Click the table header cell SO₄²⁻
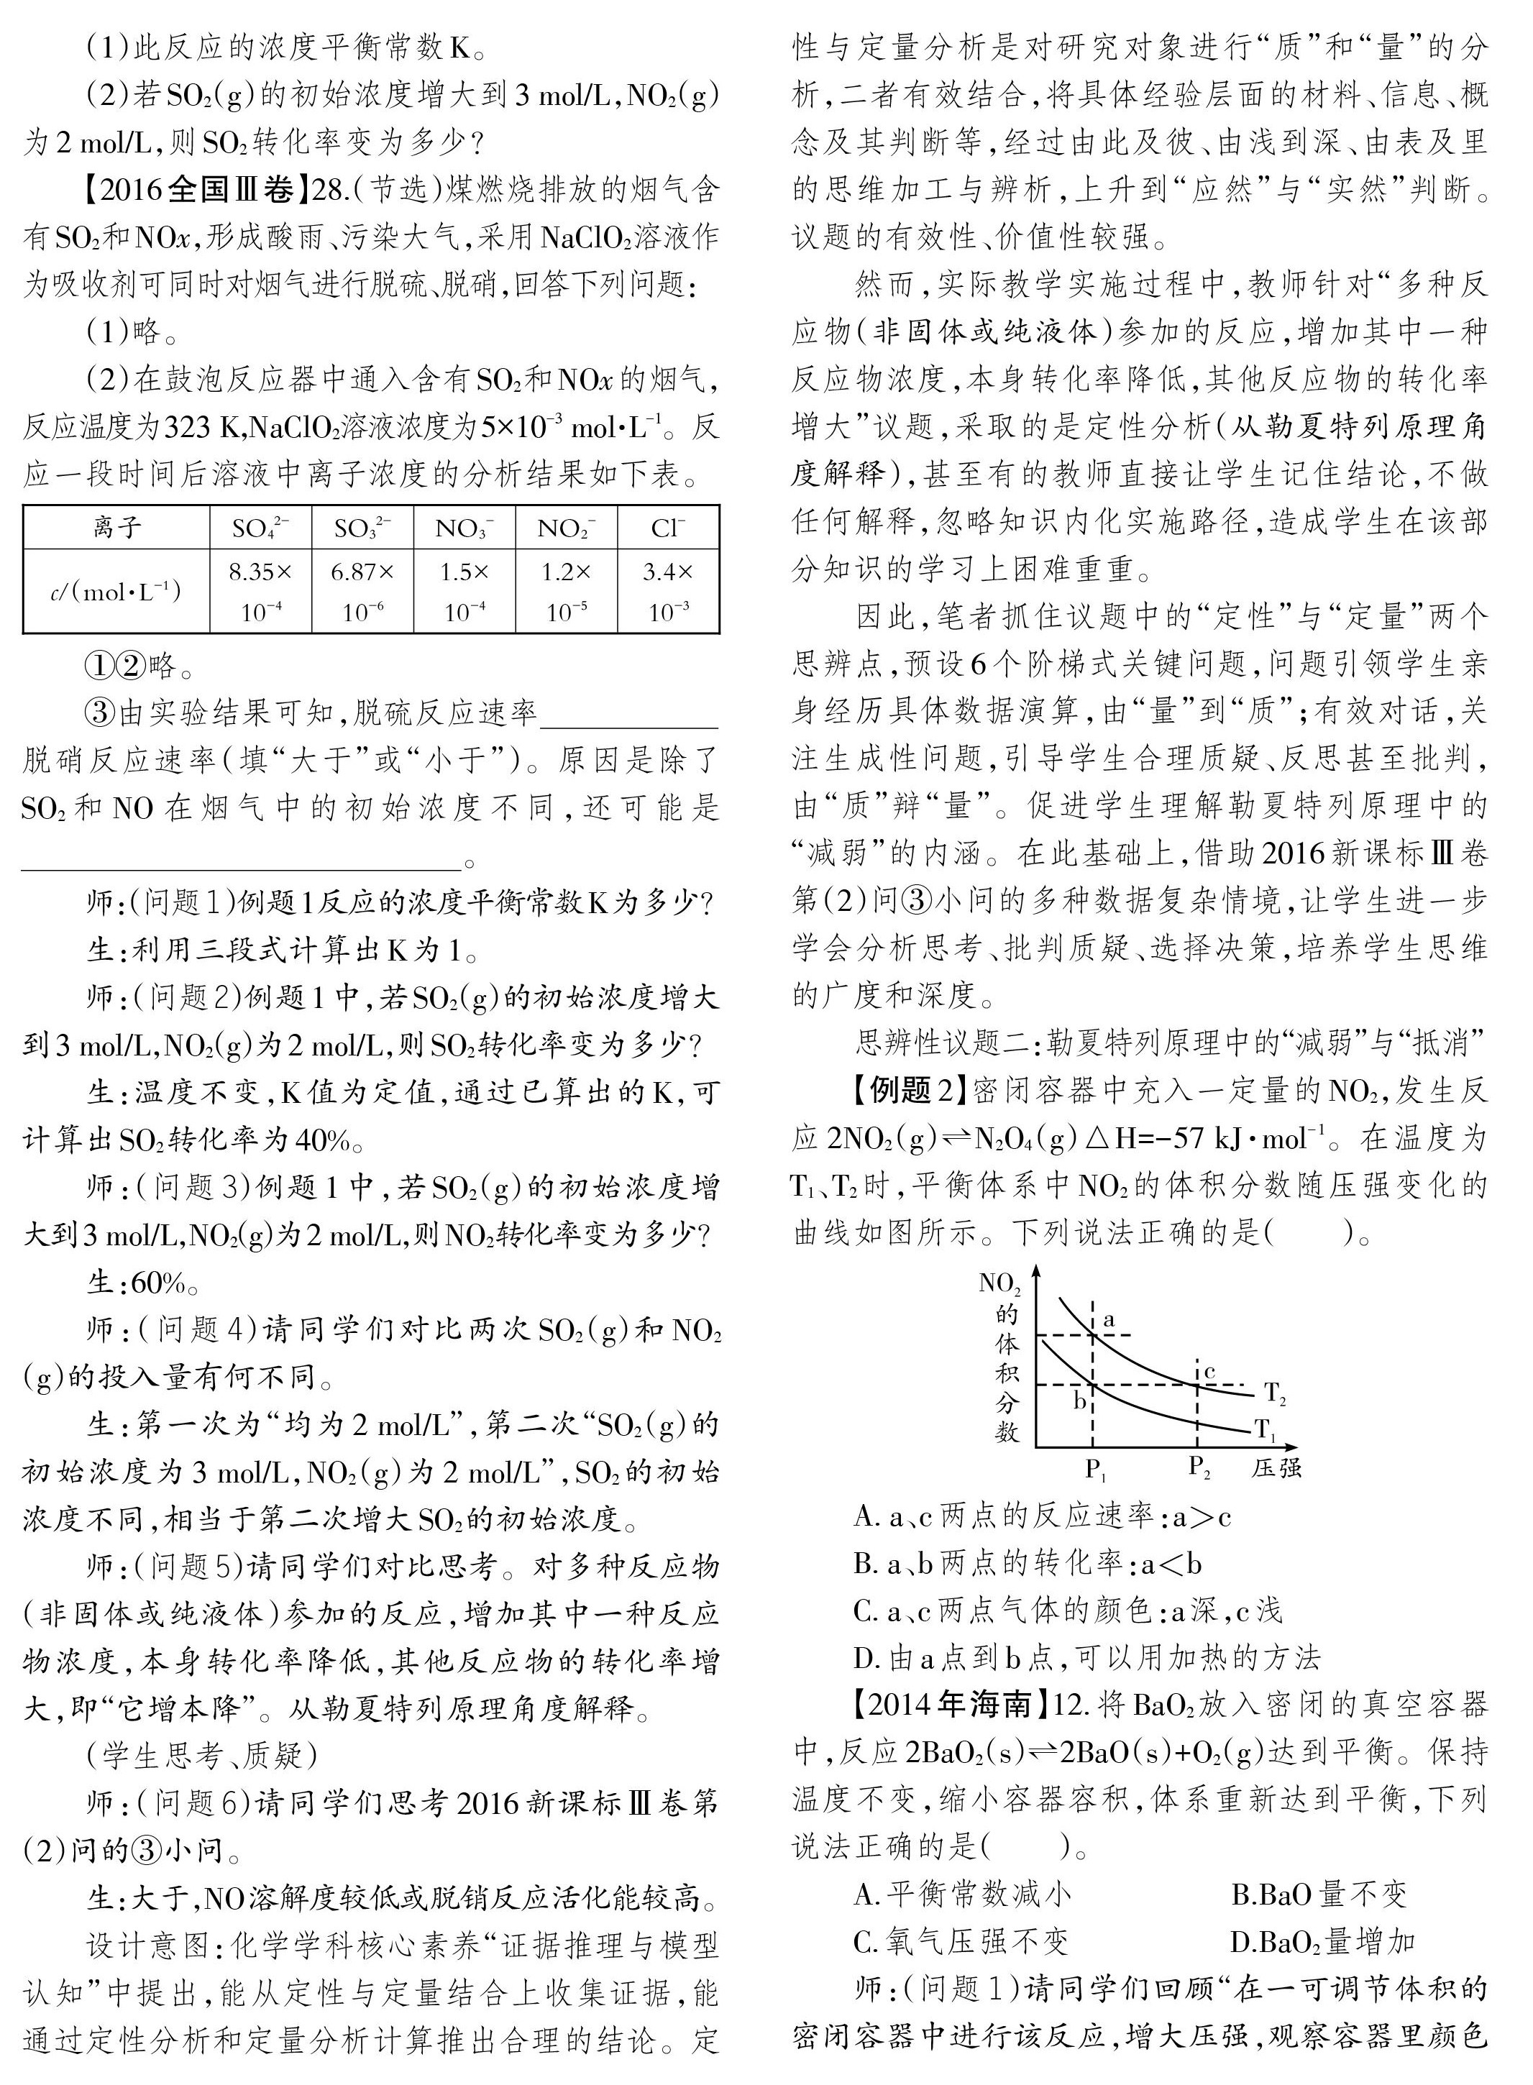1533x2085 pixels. pos(261,528)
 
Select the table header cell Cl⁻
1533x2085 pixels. pos(668,528)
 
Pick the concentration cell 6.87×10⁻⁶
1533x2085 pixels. pos(363,591)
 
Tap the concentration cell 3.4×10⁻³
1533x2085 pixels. pos(668,591)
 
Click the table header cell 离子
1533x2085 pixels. pos(117,528)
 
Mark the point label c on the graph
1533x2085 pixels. pos(1209,1372)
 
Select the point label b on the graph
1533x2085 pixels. pos(1079,1401)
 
